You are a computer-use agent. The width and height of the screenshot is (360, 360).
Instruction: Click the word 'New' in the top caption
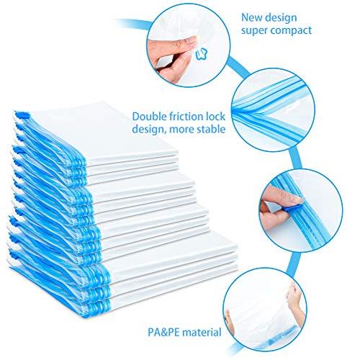coord(251,17)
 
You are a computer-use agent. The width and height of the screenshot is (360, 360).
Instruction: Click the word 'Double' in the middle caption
coord(148,117)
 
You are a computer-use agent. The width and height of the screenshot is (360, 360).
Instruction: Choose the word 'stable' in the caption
coord(211,129)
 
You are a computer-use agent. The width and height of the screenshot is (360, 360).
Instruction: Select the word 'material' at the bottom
coord(202,333)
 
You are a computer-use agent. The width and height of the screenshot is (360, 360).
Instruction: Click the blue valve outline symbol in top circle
coord(202,53)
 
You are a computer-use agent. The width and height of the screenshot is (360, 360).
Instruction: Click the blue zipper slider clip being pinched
coord(292,208)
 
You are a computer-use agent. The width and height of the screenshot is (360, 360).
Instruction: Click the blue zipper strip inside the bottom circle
coord(279,336)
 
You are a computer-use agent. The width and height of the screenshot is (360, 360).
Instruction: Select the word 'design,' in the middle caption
coord(149,130)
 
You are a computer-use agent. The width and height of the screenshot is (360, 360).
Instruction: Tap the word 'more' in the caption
coord(181,130)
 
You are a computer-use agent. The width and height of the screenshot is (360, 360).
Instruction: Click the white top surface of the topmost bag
coord(103,131)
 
